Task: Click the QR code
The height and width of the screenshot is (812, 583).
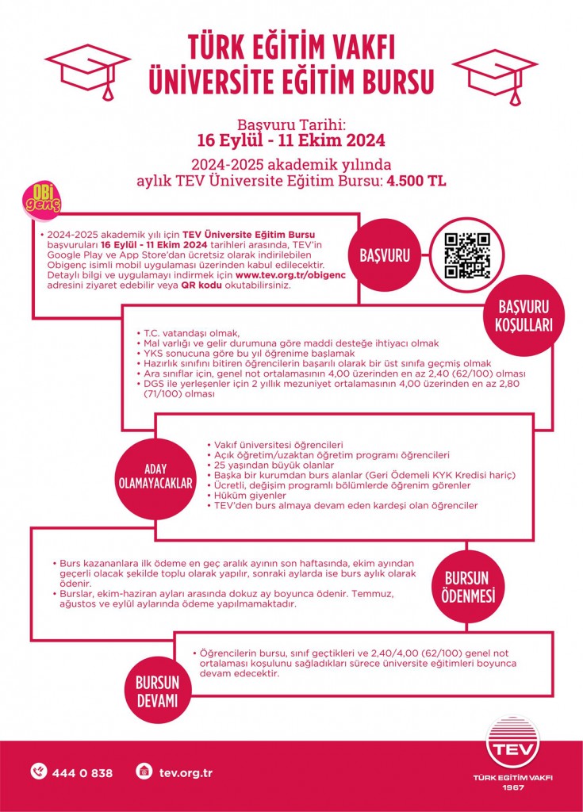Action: coord(467,256)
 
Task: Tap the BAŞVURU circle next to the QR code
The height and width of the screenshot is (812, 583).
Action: coord(385,256)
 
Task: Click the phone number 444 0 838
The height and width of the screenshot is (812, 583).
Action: coord(82,772)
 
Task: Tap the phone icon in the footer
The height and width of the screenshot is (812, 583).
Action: coord(39,772)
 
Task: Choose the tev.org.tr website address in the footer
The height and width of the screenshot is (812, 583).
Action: coord(186,772)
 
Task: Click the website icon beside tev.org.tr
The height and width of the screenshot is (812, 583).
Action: coord(144,772)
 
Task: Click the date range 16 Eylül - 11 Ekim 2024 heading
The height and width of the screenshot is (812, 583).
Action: coord(291,141)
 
